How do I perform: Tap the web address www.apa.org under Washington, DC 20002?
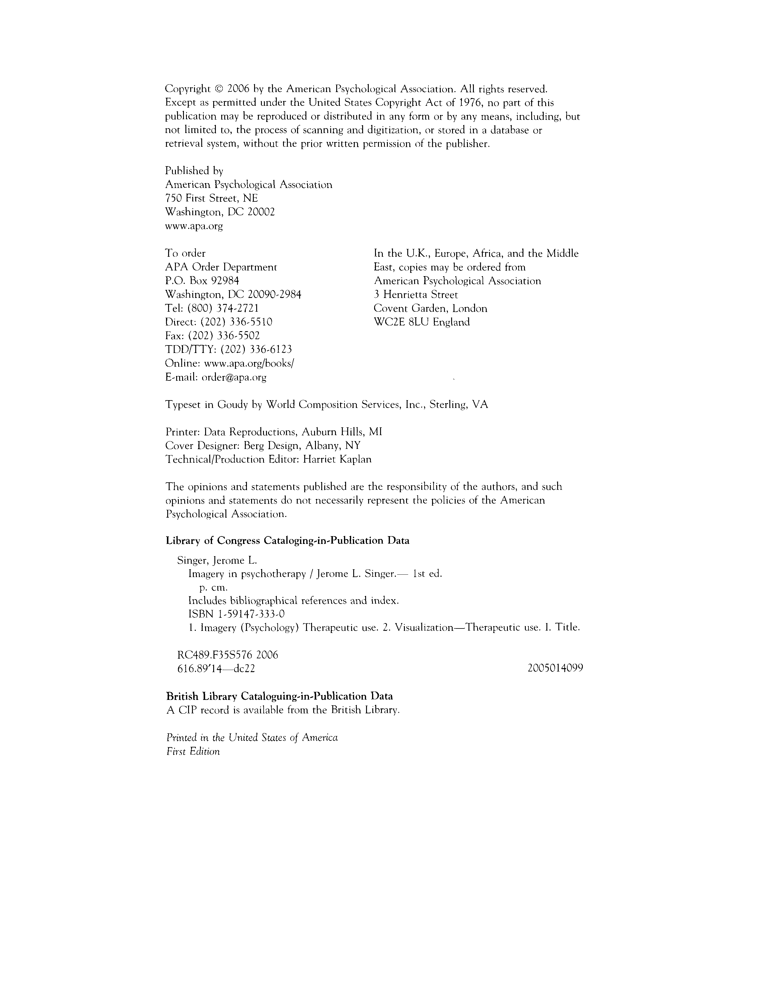click(194, 226)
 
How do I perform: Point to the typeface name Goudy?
click(233, 405)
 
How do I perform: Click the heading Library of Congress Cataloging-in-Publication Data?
click(288, 540)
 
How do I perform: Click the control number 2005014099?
click(555, 669)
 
